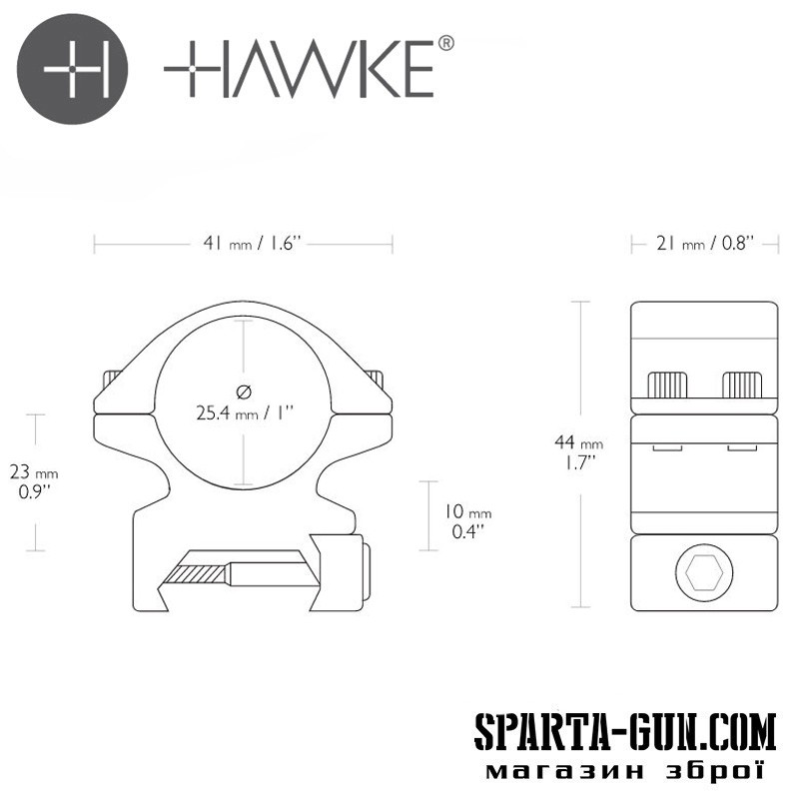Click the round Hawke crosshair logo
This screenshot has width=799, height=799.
click(72, 69)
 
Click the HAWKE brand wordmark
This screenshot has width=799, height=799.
click(299, 69)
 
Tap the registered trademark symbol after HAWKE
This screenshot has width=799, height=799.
click(445, 43)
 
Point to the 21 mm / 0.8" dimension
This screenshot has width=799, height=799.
click(705, 244)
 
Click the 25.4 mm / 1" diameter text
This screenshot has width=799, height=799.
click(245, 412)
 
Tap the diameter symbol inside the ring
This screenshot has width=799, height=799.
click(244, 392)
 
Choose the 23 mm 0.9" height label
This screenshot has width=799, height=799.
click(34, 481)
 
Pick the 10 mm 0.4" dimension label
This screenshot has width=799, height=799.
click(467, 520)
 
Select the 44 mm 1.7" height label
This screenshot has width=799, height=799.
click(579, 451)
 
